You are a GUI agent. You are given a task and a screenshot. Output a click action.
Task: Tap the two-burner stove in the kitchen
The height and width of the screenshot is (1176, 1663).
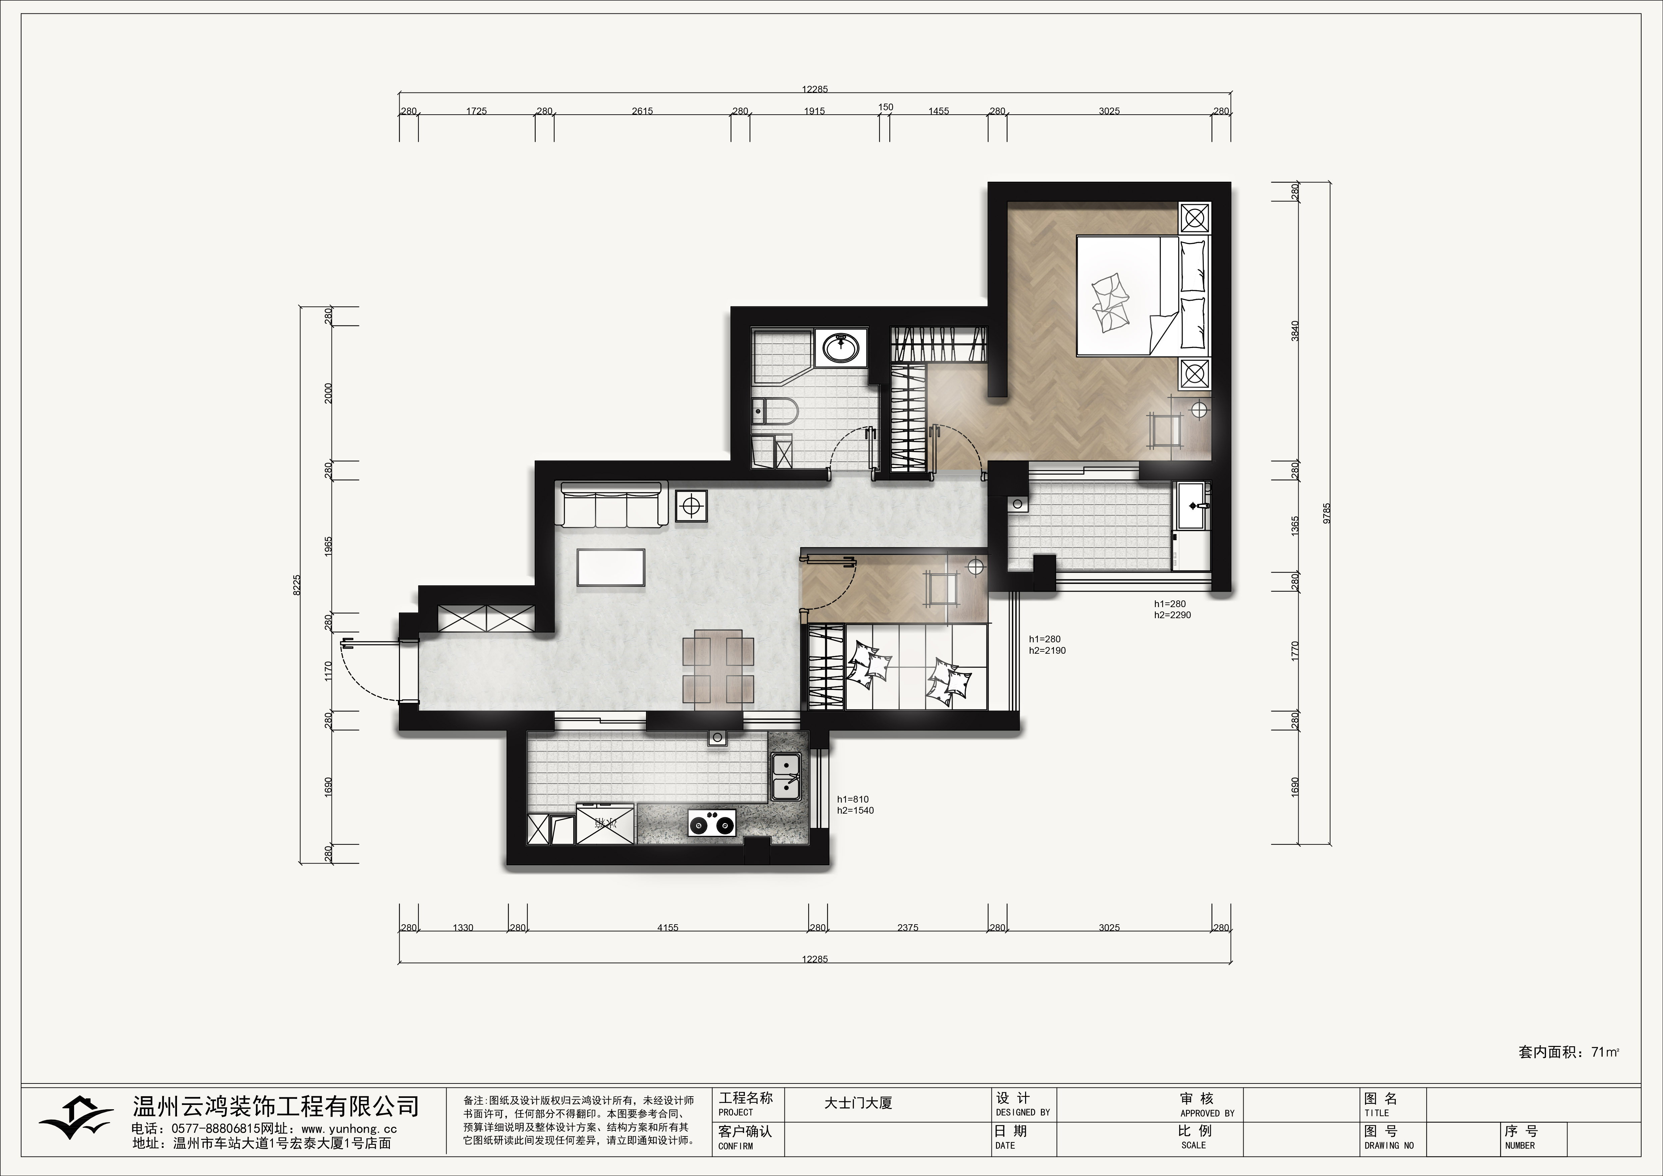(x=712, y=823)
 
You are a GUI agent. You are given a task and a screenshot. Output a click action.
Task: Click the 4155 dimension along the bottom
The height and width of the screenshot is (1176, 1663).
(x=668, y=928)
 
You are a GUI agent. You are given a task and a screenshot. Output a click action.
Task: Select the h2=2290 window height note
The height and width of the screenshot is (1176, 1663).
(x=1173, y=615)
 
